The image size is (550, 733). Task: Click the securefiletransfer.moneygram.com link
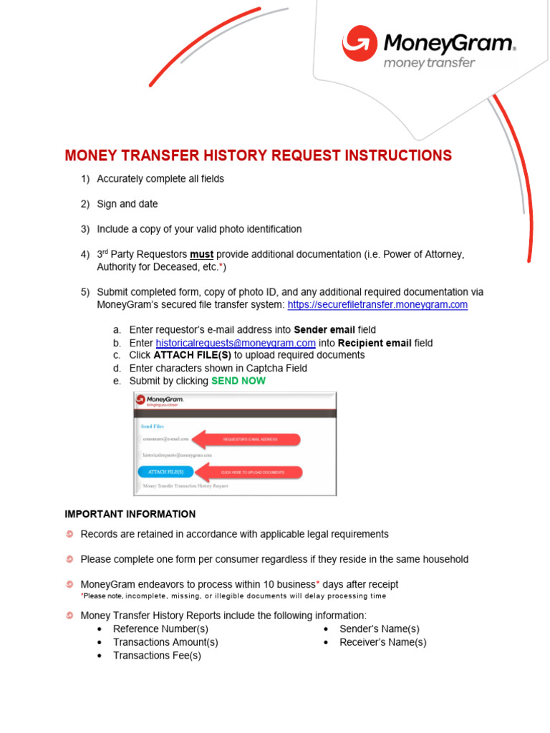pos(377,304)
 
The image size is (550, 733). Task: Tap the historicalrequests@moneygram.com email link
pos(236,343)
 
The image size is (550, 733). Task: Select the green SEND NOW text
pos(238,381)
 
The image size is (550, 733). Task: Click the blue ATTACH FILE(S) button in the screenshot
pos(165,472)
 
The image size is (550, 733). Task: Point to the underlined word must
pos(201,254)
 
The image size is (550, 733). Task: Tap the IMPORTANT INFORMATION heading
pos(130,514)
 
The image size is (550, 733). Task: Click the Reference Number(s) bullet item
pos(160,628)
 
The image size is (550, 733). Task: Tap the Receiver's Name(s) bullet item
pos(382,642)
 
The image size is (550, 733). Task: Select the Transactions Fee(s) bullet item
pos(157,655)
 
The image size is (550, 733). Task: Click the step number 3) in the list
pos(85,229)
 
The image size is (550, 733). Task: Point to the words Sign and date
pos(127,204)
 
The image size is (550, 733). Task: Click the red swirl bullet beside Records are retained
pos(69,534)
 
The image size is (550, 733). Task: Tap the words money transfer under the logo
pos(430,63)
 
